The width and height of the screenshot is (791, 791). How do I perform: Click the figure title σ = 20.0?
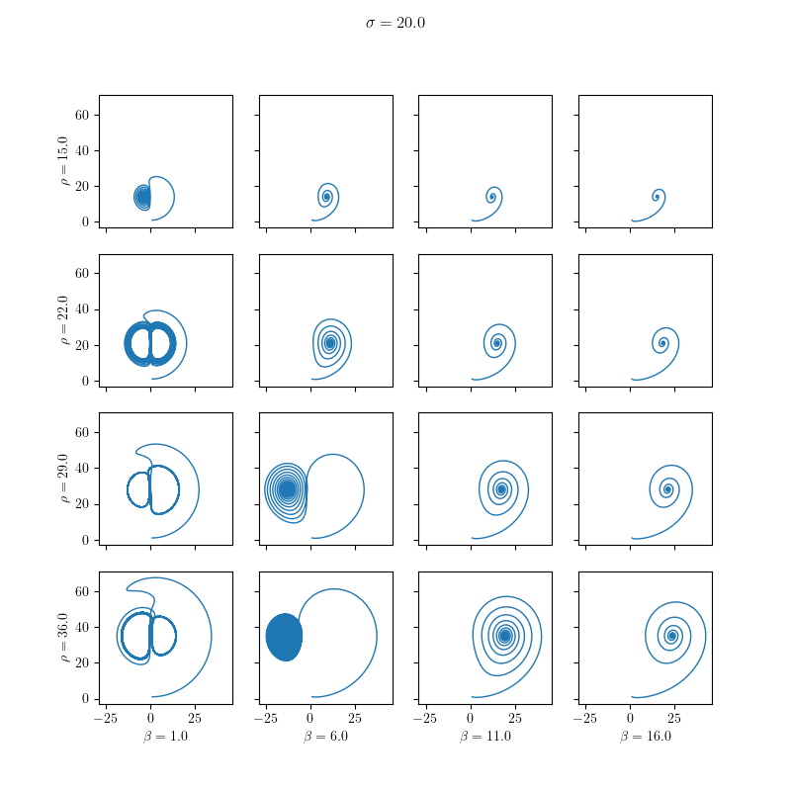(395, 23)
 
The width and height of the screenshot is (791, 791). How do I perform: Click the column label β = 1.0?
(165, 737)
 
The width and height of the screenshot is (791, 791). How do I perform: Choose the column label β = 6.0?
(325, 737)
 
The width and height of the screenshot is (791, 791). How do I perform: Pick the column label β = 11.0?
(484, 737)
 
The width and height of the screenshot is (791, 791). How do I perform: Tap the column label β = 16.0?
(645, 737)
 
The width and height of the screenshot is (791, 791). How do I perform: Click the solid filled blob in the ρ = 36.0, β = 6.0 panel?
(285, 637)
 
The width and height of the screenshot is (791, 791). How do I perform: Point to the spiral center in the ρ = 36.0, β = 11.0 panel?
(505, 636)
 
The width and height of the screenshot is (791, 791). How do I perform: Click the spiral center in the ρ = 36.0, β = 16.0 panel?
(672, 636)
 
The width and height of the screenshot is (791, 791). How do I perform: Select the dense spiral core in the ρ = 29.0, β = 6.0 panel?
(287, 488)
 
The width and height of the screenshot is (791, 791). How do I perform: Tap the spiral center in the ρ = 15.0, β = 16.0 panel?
(657, 197)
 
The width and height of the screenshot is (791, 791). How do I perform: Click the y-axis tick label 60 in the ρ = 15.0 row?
(83, 115)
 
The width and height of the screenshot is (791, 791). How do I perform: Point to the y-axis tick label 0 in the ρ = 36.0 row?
(86, 698)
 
